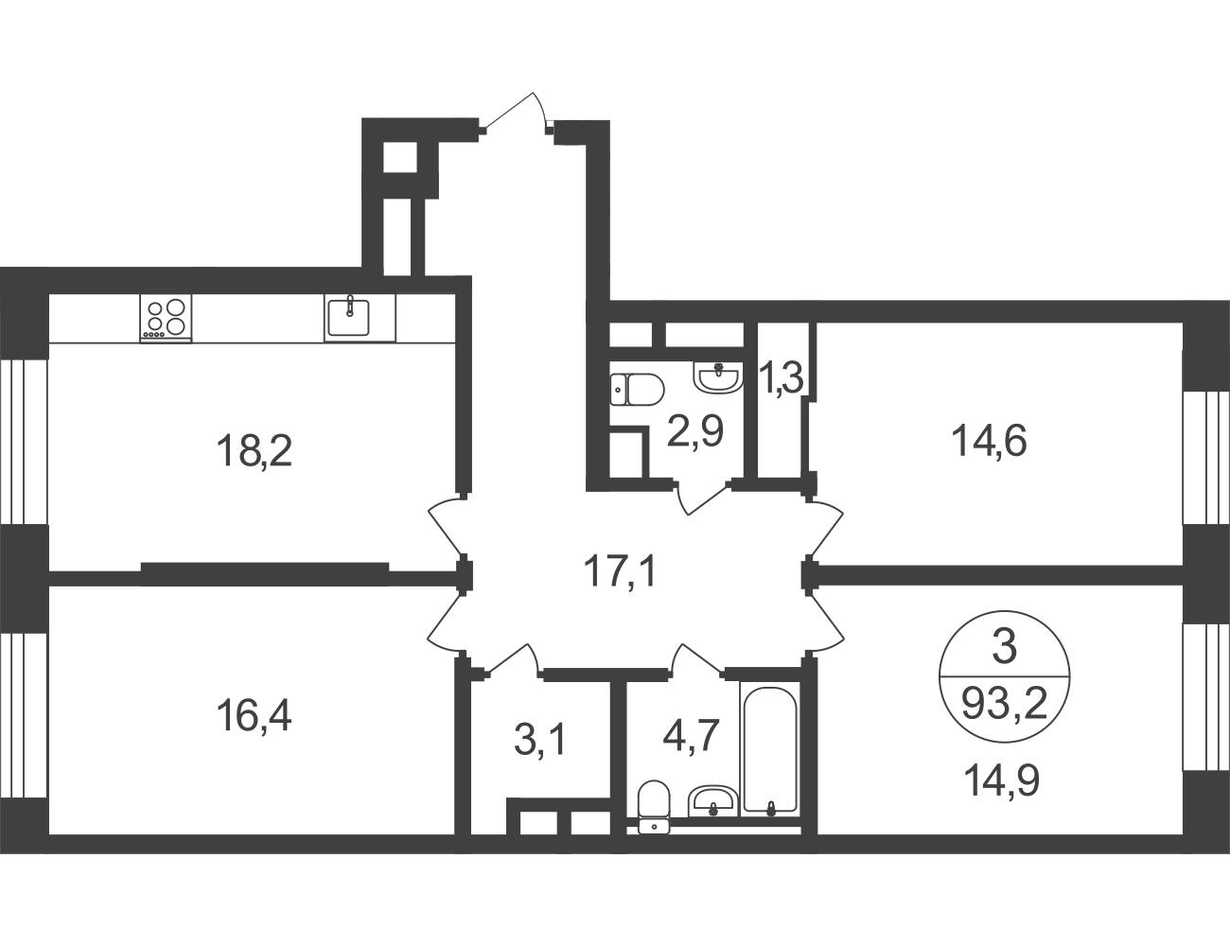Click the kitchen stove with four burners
coord(166,318)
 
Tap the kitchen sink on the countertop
coord(349,318)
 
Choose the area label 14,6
coord(989,441)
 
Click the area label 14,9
coord(1001,781)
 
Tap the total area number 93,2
coord(1005,706)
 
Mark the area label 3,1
coord(539,741)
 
